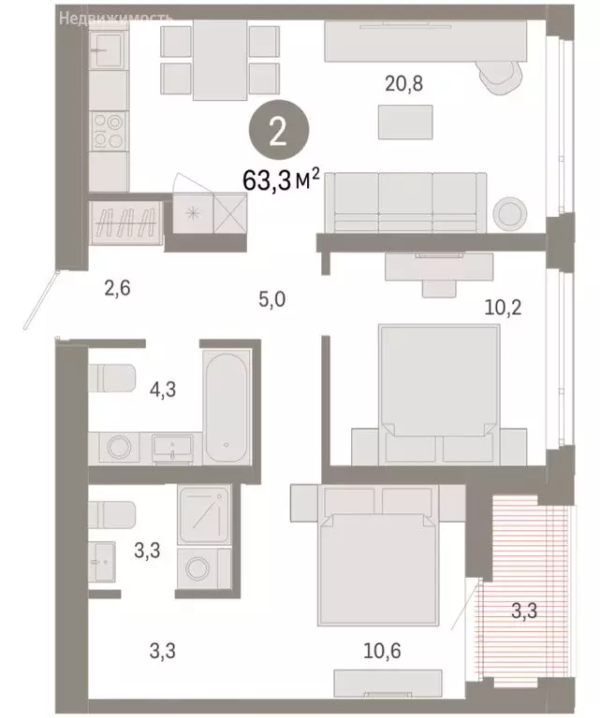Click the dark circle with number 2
[277, 133]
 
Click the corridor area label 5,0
[272, 300]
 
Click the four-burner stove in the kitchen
[110, 131]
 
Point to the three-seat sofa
[406, 202]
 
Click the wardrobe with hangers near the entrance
[127, 223]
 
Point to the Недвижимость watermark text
[115, 17]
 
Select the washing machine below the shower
[201, 569]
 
